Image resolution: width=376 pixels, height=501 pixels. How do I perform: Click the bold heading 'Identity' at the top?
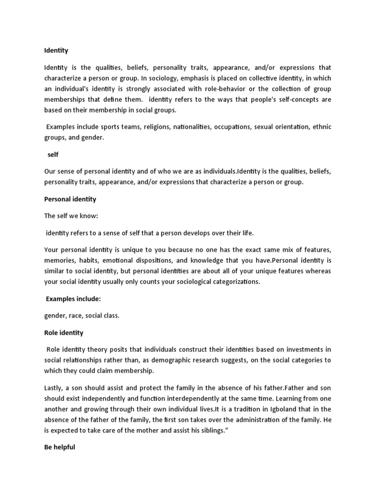click(x=56, y=50)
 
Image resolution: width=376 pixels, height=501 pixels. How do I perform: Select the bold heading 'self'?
click(x=52, y=155)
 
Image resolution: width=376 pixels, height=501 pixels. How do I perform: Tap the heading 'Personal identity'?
click(x=70, y=199)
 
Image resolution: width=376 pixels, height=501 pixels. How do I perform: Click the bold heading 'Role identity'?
click(x=64, y=333)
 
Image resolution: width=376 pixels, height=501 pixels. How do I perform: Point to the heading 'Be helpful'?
click(x=59, y=447)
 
